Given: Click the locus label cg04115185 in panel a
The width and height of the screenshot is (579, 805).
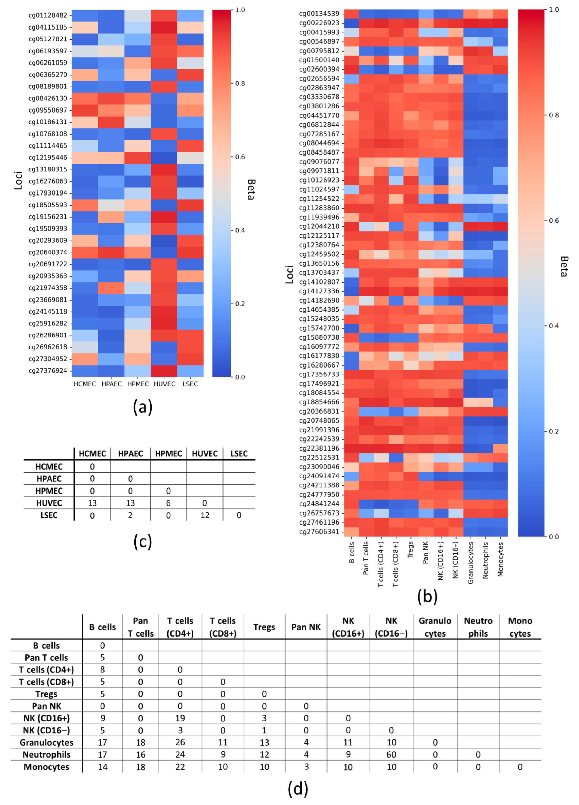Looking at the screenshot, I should (48, 27).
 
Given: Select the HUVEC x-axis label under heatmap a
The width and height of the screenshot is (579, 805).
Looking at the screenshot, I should (164, 384).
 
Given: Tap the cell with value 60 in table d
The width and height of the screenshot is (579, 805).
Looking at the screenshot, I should (391, 755).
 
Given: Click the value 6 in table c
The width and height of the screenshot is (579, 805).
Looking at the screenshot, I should (169, 503).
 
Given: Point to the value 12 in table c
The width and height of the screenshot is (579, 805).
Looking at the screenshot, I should (205, 515).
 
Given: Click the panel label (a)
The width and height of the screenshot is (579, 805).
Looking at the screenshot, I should (143, 407).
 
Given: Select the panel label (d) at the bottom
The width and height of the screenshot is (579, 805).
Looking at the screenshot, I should (298, 789).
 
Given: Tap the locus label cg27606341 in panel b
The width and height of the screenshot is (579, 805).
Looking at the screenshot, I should (319, 532).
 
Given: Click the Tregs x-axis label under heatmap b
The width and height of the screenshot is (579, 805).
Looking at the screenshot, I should (410, 550).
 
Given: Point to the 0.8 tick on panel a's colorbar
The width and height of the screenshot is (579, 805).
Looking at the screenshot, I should (240, 84).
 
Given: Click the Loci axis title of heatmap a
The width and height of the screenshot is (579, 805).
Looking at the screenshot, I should (18, 180).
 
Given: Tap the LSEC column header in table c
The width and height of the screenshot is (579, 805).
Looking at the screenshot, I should (239, 453).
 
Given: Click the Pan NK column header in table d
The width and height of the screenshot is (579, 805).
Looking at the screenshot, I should (306, 627).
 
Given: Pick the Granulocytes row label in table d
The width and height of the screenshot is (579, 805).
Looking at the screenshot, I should (46, 743).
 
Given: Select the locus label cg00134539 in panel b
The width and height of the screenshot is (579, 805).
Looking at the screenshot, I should (319, 14).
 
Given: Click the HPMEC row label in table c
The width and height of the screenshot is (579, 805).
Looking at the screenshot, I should (49, 491).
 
